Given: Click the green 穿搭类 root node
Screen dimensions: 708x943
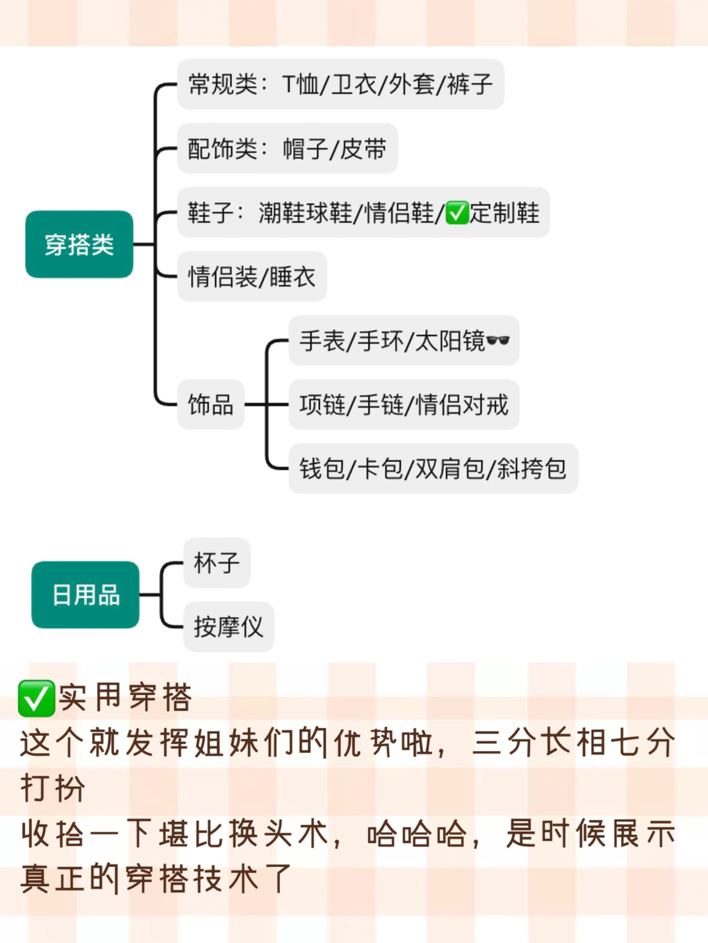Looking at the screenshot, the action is (x=79, y=244).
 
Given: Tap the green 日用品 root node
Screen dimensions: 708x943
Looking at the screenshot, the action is (x=85, y=595).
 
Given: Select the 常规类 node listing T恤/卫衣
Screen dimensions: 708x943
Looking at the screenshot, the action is (x=340, y=85).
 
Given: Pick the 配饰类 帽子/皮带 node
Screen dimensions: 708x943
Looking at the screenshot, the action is (x=287, y=149).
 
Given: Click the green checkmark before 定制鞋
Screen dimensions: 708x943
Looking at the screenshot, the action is (x=457, y=213).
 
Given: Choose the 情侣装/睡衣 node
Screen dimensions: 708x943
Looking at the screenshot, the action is (x=252, y=276).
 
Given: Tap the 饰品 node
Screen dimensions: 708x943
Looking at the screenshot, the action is (x=210, y=405).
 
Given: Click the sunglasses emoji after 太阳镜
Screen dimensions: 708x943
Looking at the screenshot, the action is (x=498, y=340).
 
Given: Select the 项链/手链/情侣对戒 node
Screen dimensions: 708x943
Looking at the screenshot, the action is (x=404, y=405).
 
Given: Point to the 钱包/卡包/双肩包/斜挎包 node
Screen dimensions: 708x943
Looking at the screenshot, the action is (x=433, y=469).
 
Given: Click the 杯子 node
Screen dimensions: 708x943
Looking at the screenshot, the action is (x=217, y=563).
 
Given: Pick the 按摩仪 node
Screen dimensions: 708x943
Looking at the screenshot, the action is (x=228, y=627).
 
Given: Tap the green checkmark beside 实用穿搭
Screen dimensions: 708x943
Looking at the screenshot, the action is (x=37, y=699).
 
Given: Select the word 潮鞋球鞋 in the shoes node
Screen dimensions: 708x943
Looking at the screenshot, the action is (x=305, y=213).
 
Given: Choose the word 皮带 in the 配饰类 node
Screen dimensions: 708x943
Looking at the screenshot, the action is (x=363, y=149).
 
